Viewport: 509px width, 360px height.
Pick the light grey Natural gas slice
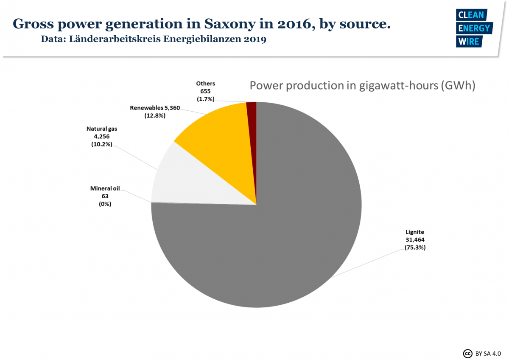(187, 183)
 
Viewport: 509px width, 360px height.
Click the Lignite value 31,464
(415, 240)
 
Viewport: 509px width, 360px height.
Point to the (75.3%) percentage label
(415, 247)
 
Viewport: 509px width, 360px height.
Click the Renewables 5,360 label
(155, 108)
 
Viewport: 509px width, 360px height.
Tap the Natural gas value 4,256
(101, 136)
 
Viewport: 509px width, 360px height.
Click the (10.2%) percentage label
(101, 144)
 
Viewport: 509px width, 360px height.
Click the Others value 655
(205, 91)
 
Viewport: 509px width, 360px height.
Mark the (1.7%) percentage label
(205, 99)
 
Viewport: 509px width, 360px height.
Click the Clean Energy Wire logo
(473, 28)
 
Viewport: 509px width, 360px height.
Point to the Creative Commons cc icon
(467, 353)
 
